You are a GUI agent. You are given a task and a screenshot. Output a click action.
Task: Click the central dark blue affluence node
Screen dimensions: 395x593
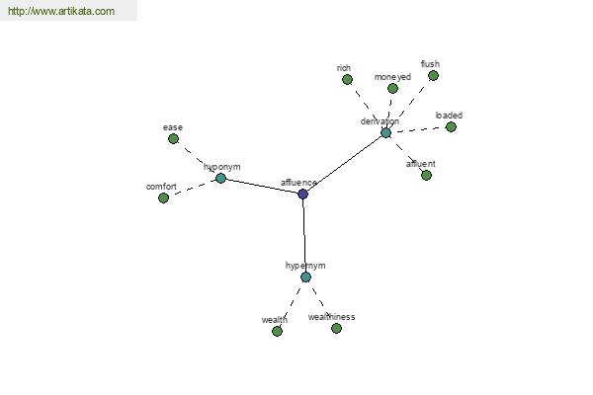(x=302, y=195)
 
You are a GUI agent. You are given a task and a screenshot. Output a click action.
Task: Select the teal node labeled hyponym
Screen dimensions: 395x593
(x=220, y=179)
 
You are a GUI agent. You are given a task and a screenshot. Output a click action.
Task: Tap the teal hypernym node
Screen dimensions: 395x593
(x=305, y=277)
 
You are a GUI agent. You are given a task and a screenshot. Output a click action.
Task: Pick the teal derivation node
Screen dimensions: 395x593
(x=385, y=132)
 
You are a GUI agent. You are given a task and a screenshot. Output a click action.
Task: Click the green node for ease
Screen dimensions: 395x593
(x=173, y=139)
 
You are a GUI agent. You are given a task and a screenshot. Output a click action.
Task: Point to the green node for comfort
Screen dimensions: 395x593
(x=163, y=198)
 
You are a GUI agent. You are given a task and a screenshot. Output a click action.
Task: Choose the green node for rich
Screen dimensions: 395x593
(x=346, y=80)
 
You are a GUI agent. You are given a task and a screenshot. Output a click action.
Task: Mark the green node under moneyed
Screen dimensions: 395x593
(x=392, y=89)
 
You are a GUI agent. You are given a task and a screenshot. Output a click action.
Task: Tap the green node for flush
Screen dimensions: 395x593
(x=433, y=76)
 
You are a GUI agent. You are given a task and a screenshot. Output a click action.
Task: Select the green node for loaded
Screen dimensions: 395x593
(x=451, y=127)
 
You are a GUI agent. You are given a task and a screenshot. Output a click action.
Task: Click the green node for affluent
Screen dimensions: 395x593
(x=426, y=176)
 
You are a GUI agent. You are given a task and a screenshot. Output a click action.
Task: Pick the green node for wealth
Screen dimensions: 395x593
(x=277, y=332)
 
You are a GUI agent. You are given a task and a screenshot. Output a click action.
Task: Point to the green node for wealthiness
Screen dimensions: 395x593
(x=336, y=329)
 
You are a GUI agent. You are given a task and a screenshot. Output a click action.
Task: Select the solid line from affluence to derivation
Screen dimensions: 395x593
(x=344, y=164)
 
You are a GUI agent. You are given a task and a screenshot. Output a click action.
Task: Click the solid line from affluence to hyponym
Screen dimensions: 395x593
(x=262, y=187)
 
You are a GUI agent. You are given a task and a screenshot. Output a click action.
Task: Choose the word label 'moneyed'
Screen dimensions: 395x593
(x=392, y=77)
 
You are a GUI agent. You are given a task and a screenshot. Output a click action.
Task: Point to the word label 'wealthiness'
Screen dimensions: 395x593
(x=331, y=317)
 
